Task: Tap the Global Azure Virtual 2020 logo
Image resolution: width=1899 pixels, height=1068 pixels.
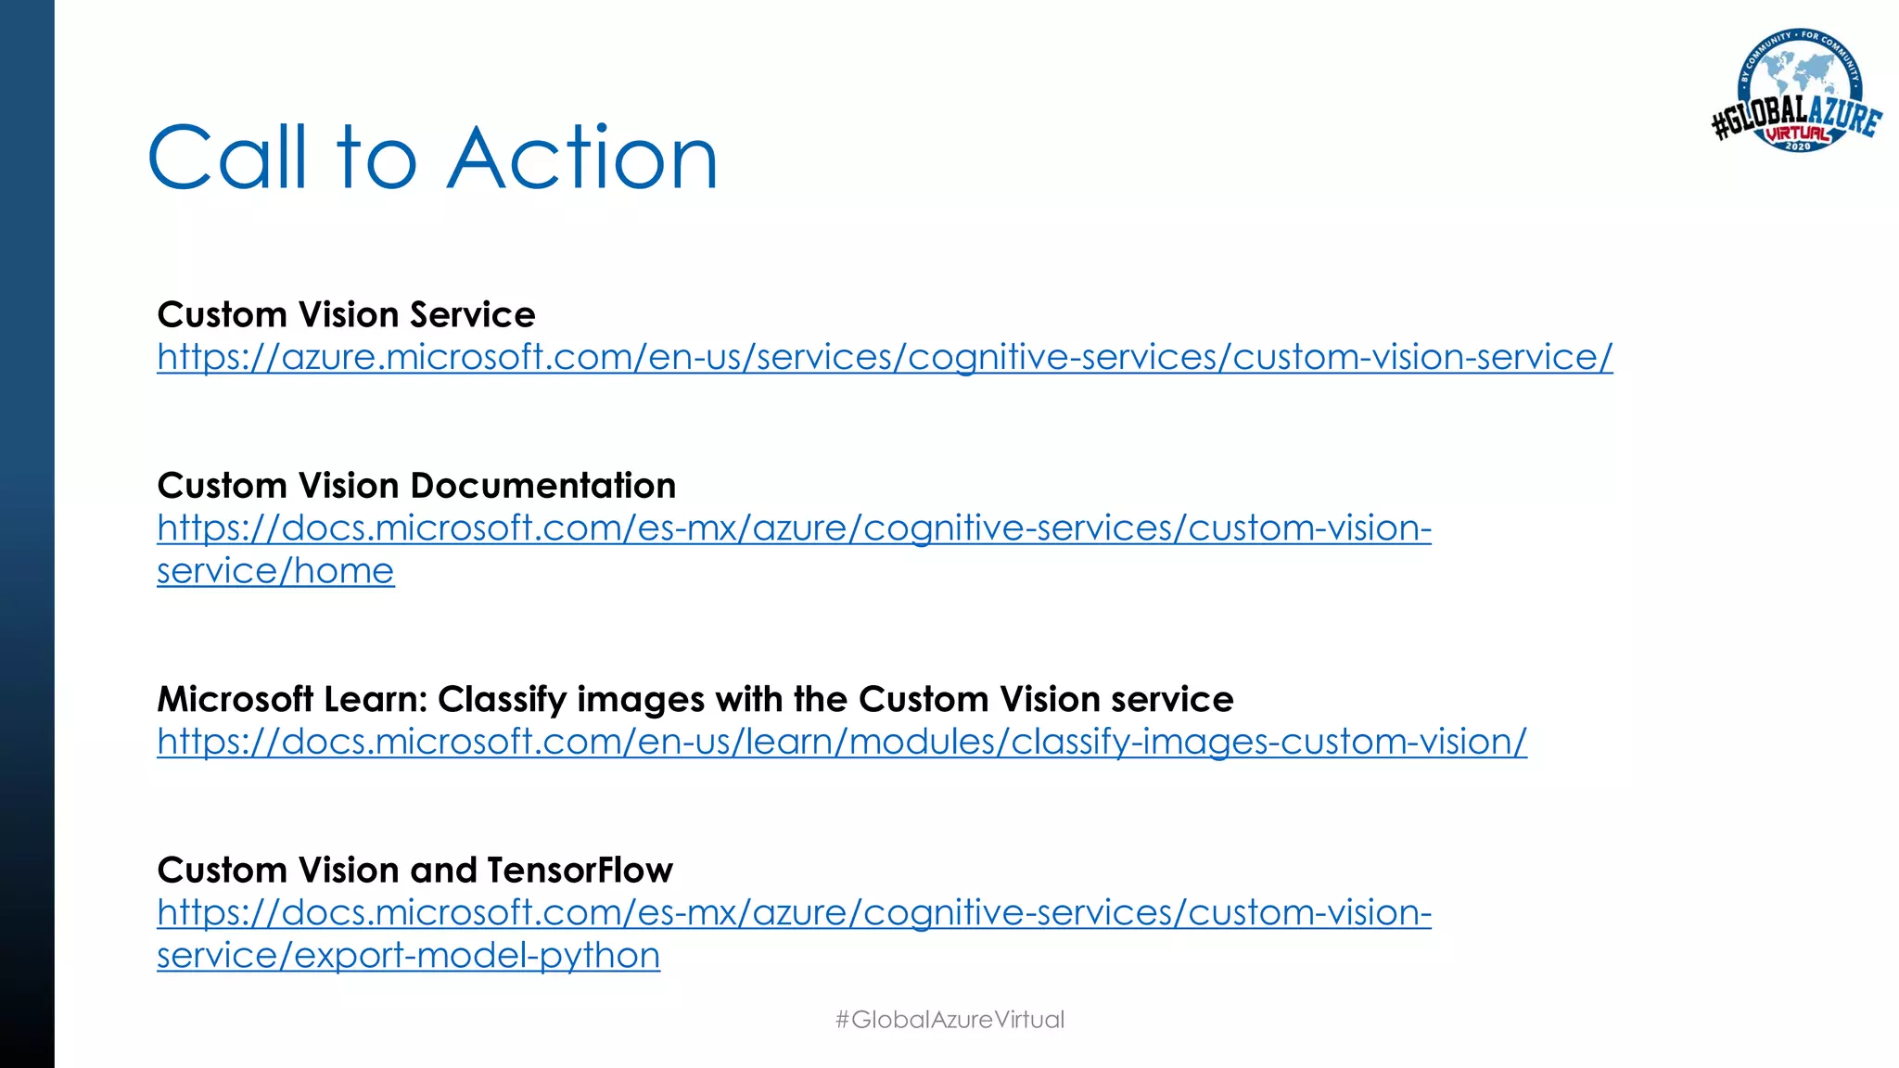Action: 1796,93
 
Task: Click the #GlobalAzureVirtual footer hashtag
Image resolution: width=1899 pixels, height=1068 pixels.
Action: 949,1019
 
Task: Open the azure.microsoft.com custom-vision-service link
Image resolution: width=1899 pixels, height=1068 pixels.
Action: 885,358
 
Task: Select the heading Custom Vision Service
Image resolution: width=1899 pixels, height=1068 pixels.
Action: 346,315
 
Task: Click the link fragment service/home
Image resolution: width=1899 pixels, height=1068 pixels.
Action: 275,571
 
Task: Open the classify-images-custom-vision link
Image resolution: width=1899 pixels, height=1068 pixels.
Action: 842,742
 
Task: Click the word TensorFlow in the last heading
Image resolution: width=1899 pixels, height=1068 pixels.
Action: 580,871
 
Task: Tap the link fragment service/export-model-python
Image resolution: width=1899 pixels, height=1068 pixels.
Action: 408,956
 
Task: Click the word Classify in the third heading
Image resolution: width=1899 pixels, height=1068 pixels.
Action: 502,699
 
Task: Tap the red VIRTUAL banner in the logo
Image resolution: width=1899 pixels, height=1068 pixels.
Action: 1798,133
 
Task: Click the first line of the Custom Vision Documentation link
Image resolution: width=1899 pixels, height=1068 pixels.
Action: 794,528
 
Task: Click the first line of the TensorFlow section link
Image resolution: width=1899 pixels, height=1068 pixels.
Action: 794,913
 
